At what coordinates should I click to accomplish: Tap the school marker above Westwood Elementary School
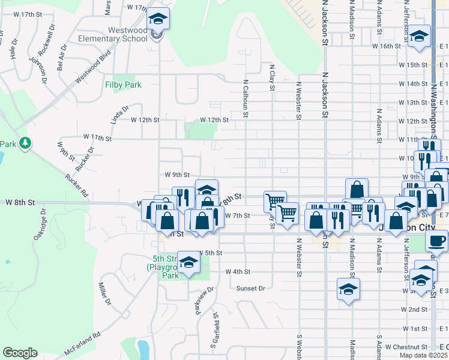pyautogui.click(x=158, y=20)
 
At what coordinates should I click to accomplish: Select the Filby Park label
pyautogui.click(x=123, y=85)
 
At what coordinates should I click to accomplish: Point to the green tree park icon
pyautogui.click(x=25, y=143)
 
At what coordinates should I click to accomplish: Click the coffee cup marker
pyautogui.click(x=437, y=241)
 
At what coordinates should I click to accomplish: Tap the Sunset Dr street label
pyautogui.click(x=250, y=288)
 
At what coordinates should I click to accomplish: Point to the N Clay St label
pyautogui.click(x=272, y=78)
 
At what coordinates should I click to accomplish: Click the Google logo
pyautogui.click(x=20, y=353)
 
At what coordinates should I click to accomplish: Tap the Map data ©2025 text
pyautogui.click(x=423, y=355)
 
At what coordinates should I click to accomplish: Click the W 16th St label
pyautogui.click(x=386, y=46)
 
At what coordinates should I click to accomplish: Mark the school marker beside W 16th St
pyautogui.click(x=419, y=35)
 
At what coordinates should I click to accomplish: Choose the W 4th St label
pyautogui.click(x=238, y=271)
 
